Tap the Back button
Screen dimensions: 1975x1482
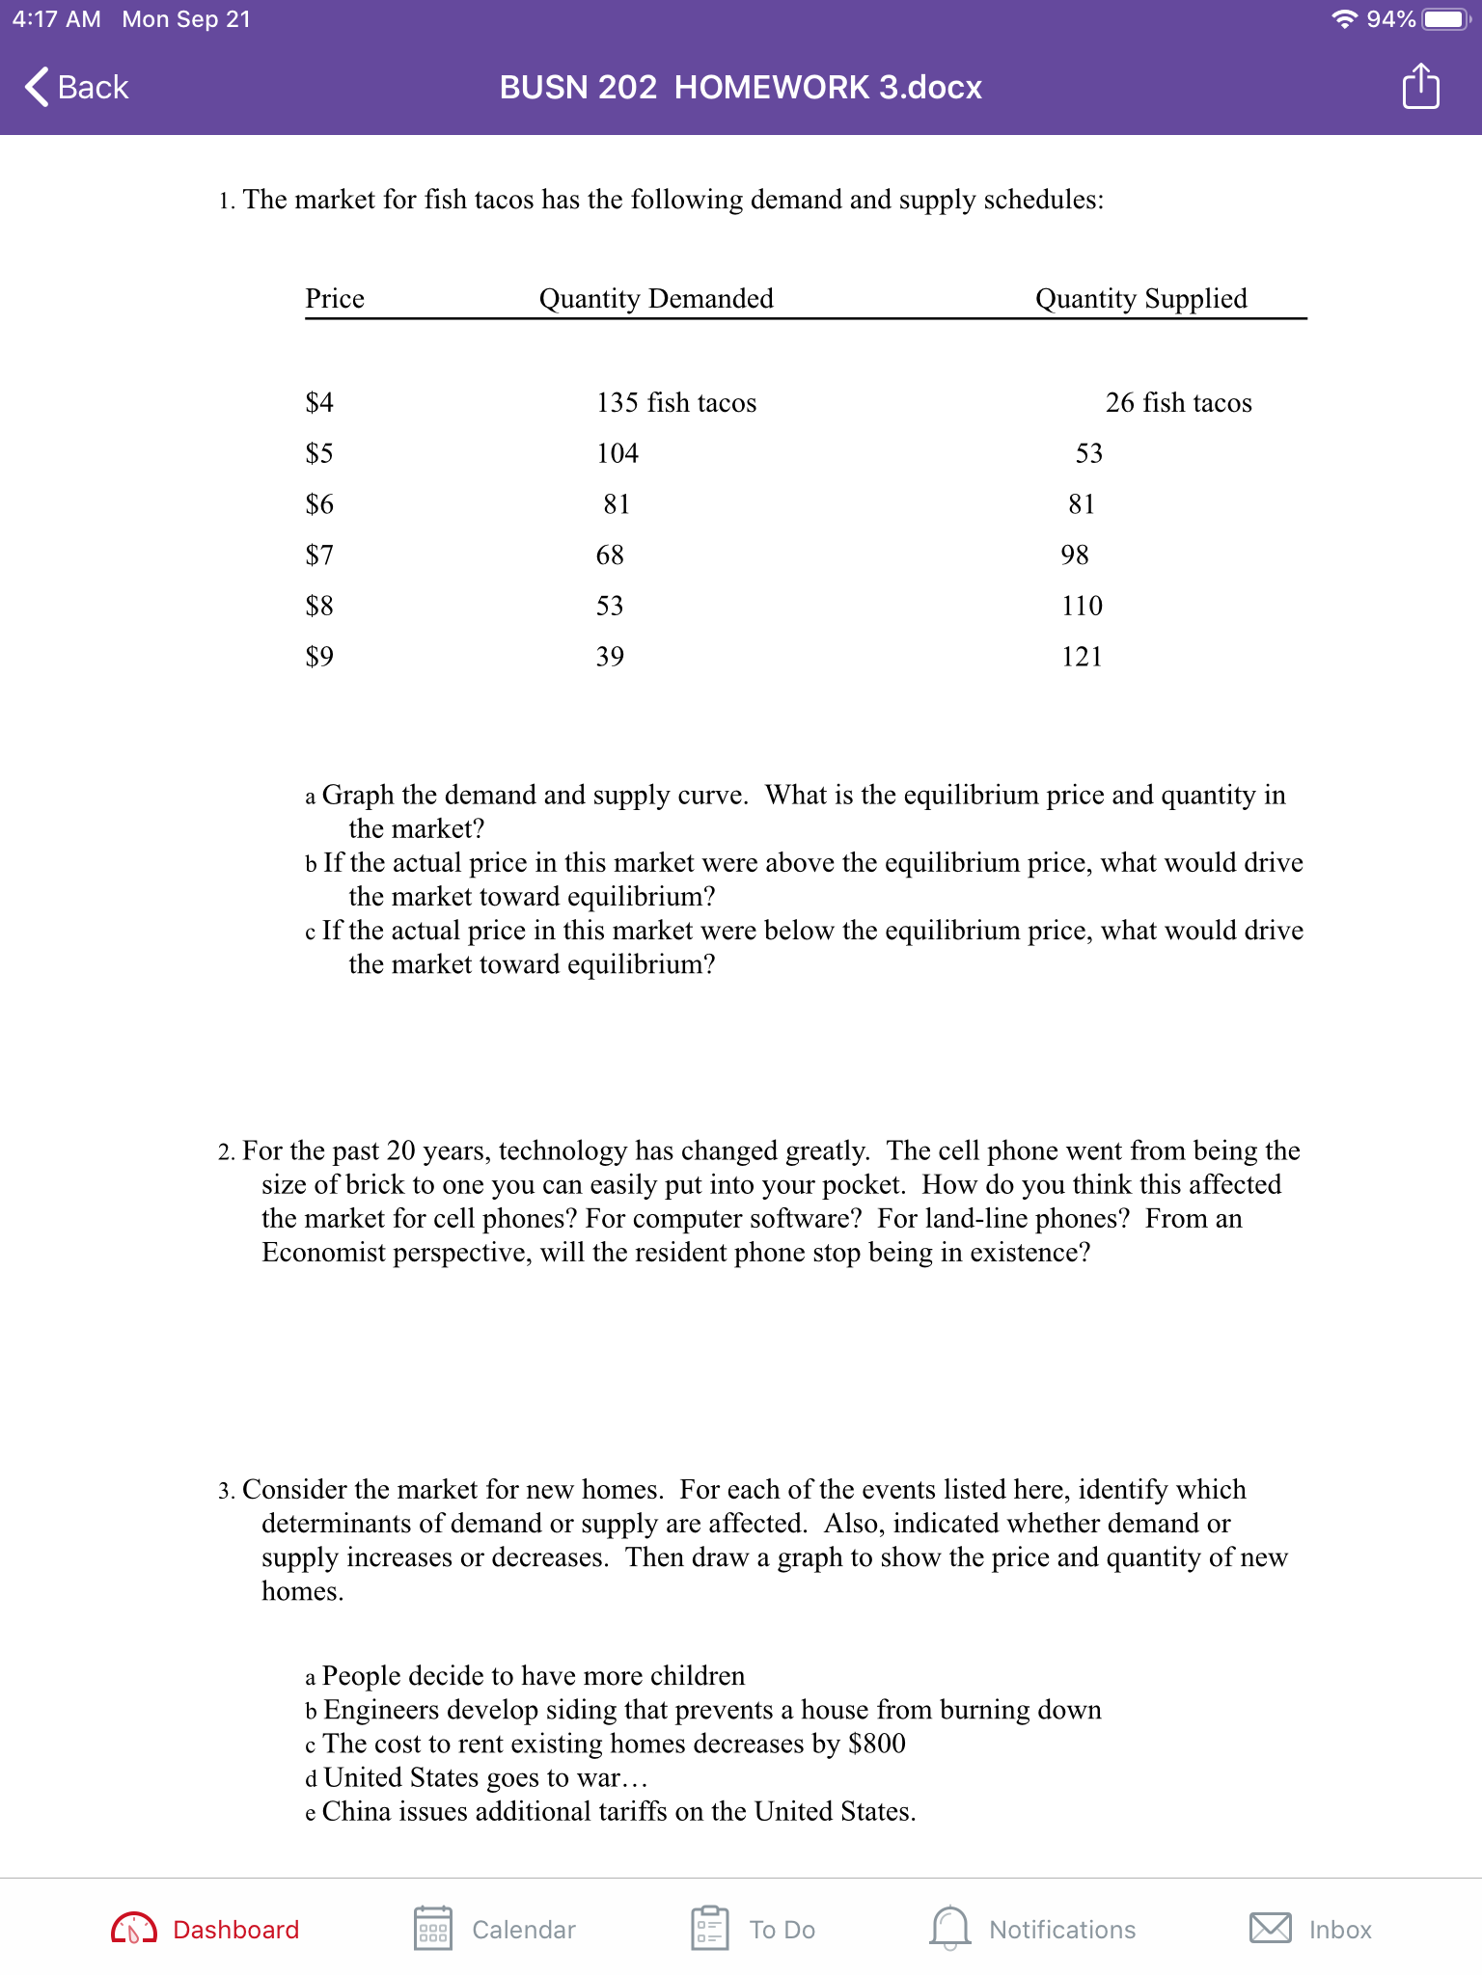(77, 87)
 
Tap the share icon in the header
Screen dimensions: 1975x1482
(1420, 87)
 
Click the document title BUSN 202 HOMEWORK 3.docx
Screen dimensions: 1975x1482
(740, 87)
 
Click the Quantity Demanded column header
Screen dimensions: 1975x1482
(656, 298)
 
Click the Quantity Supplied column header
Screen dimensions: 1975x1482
(1140, 298)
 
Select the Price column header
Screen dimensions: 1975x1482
(335, 298)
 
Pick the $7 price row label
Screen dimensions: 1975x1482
(319, 555)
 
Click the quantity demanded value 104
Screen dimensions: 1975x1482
(617, 453)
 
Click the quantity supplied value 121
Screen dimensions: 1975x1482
(1082, 657)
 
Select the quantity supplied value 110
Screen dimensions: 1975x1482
(1082, 606)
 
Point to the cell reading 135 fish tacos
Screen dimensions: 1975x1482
(676, 402)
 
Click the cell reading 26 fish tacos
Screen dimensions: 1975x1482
(1178, 402)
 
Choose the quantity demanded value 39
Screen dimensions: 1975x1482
(610, 657)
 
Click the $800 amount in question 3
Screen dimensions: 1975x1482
(876, 1744)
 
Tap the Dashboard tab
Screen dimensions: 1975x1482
(206, 1929)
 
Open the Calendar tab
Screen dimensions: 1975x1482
(495, 1929)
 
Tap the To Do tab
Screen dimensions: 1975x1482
(754, 1929)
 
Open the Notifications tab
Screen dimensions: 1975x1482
(1033, 1929)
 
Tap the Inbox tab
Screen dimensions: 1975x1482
(1310, 1929)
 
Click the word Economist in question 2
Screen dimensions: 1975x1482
(322, 1252)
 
